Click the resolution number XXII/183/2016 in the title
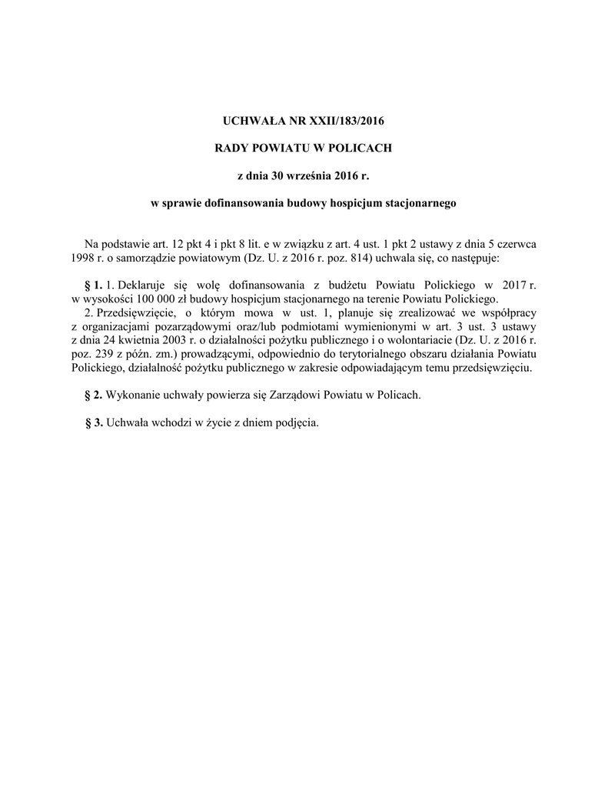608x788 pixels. coord(340,121)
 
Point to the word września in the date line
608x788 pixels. coord(309,176)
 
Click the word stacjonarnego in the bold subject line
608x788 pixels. coord(417,204)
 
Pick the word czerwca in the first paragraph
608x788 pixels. coord(517,243)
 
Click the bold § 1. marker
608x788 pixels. coord(93,285)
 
